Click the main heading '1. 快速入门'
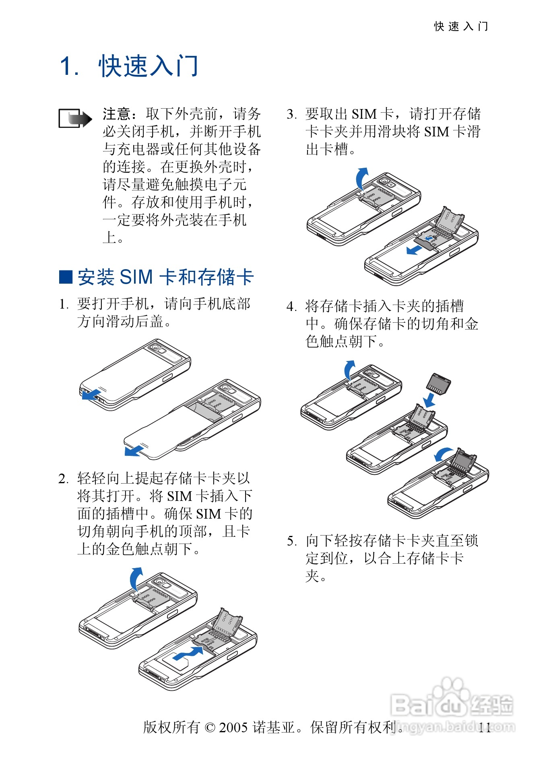pyautogui.click(x=129, y=66)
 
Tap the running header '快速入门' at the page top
pyautogui.click(x=461, y=27)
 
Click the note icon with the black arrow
pyautogui.click(x=75, y=118)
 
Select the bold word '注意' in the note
pyautogui.click(x=116, y=114)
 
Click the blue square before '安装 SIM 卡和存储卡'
pyautogui.click(x=65, y=277)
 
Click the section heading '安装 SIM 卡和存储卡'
pyautogui.click(x=165, y=277)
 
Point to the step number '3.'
pyautogui.click(x=291, y=114)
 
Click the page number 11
pyautogui.click(x=485, y=727)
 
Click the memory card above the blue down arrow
pyautogui.click(x=438, y=383)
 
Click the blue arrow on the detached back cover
pyautogui.click(x=134, y=450)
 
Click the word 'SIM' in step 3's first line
pyautogui.click(x=364, y=114)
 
